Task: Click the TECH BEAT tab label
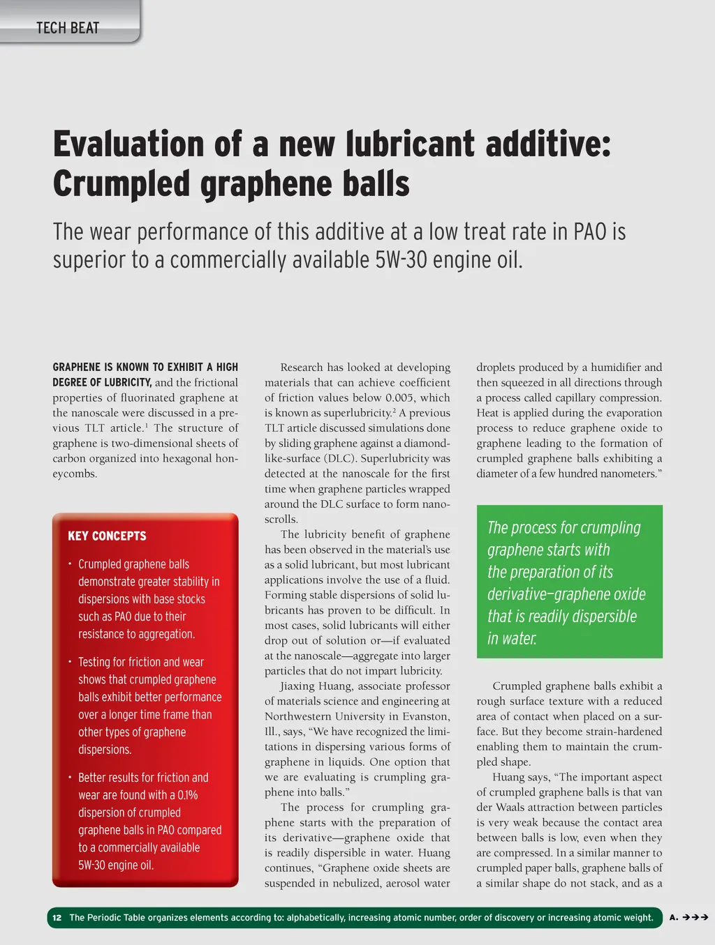68,28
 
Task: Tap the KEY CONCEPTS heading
107,536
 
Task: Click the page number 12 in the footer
57,918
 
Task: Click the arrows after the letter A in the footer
695,918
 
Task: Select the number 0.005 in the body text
400,398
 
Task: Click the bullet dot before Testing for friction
70,660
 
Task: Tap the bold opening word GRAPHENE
77,368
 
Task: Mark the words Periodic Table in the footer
118,918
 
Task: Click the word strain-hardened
620,732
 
